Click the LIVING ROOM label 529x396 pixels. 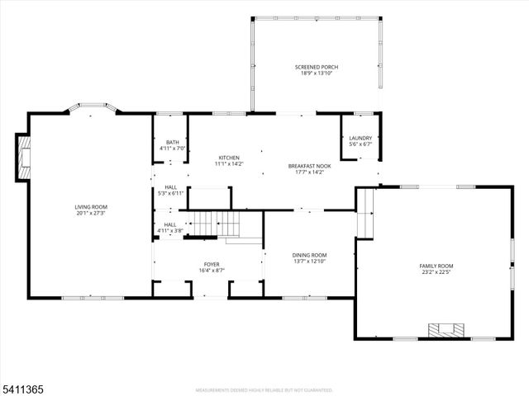pyautogui.click(x=92, y=207)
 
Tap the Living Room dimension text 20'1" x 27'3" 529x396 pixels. pyautogui.click(x=92, y=213)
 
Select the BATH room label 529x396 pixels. pyautogui.click(x=172, y=143)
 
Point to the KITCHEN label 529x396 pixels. pyautogui.click(x=229, y=158)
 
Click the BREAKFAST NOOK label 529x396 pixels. pyautogui.click(x=310, y=166)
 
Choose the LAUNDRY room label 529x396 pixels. pyautogui.click(x=360, y=138)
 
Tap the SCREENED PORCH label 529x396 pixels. pyautogui.click(x=317, y=68)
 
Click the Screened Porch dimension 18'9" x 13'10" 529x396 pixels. pyautogui.click(x=317, y=73)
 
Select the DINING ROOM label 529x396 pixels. pyautogui.click(x=309, y=256)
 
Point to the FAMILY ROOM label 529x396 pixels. pyautogui.click(x=436, y=266)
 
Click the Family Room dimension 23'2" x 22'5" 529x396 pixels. pyautogui.click(x=436, y=271)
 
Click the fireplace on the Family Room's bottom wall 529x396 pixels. pyautogui.click(x=447, y=331)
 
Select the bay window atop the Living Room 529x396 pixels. pyautogui.click(x=93, y=107)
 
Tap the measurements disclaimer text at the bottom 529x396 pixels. pyautogui.click(x=264, y=389)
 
